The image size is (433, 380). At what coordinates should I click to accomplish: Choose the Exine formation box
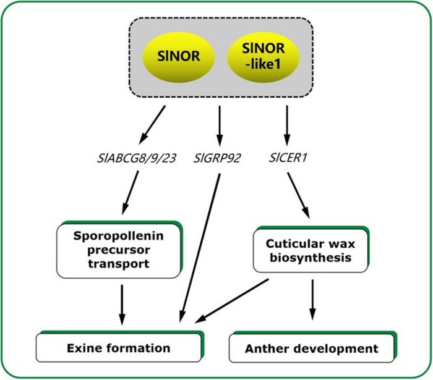click(x=119, y=348)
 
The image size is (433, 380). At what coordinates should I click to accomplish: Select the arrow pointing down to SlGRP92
click(x=220, y=124)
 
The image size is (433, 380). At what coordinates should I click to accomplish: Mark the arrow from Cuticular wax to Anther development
click(x=313, y=300)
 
